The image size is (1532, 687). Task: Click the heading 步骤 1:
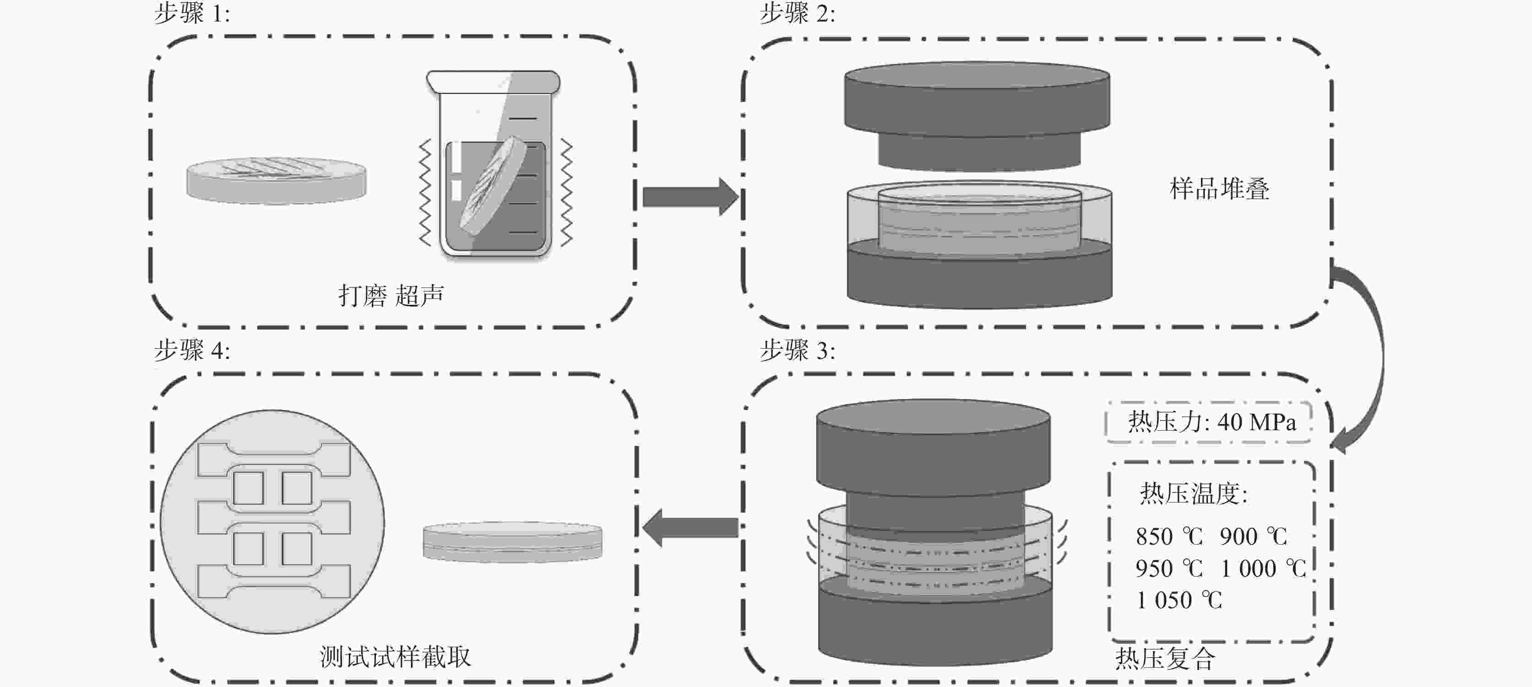(191, 13)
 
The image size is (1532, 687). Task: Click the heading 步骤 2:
(797, 13)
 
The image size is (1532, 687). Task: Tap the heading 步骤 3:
(797, 351)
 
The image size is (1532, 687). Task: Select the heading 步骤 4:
(191, 351)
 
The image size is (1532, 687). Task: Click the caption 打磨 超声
(391, 295)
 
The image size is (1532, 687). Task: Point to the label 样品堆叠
(1219, 189)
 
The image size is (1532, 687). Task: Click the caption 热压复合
(1164, 658)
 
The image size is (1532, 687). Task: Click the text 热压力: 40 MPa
(1211, 422)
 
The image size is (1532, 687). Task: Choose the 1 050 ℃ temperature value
(1179, 600)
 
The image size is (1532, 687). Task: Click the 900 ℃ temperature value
(1253, 536)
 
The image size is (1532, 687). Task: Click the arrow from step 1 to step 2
(690, 197)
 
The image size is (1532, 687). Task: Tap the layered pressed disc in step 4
(512, 542)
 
